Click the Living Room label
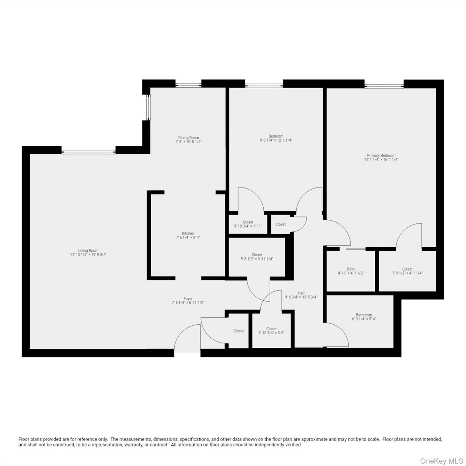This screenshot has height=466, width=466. coord(88,250)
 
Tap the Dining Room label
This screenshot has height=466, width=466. coord(188,137)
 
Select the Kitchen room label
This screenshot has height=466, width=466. coord(188,233)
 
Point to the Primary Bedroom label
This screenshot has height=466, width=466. coord(381,155)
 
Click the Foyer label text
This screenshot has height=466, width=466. coord(188,299)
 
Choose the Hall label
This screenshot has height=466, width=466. coord(301,293)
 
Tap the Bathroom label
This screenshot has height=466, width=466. coord(364,315)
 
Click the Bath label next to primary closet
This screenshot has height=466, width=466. coord(351,269)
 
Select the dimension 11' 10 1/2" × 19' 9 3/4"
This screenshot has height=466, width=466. coord(88,255)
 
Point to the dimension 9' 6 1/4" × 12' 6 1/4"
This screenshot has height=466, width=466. coord(276,140)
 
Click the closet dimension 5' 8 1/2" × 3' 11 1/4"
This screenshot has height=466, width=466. coord(257,259)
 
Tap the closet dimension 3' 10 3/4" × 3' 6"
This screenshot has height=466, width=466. coord(271,333)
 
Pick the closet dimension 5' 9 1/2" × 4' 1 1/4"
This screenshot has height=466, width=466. coord(407,273)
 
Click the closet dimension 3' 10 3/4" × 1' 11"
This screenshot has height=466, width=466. coord(248,226)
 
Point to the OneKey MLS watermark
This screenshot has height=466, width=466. coord(441,461)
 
